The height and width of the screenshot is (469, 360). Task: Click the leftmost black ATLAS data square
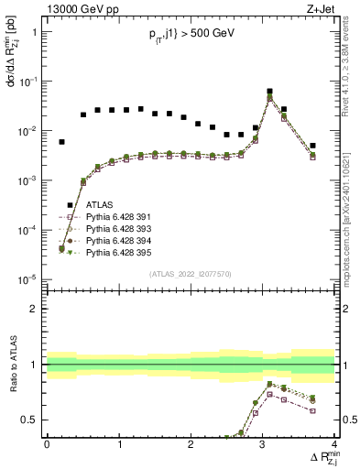click(x=61, y=142)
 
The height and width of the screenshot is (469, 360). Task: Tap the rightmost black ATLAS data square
click(x=312, y=146)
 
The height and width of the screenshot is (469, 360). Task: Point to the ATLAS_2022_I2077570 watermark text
click(x=191, y=274)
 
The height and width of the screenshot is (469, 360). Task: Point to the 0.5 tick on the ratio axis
click(x=35, y=420)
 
